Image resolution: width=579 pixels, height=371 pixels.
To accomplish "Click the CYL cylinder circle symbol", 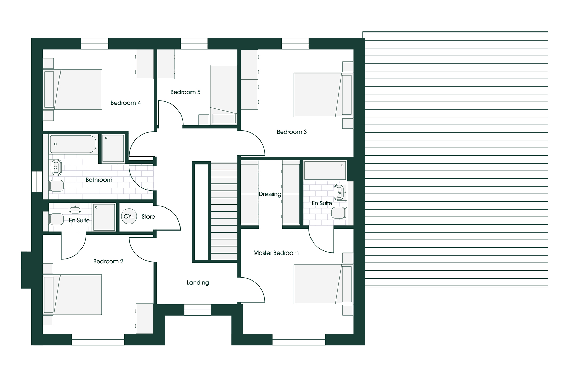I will tap(129, 216).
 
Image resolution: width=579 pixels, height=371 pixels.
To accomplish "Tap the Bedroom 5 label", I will tap(185, 92).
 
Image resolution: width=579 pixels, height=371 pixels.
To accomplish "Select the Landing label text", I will tap(198, 283).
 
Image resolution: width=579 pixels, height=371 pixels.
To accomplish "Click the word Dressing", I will tap(270, 194).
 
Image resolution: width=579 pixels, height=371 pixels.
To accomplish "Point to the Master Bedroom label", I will tap(276, 253).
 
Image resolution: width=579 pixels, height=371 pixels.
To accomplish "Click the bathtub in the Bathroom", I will tap(73, 144).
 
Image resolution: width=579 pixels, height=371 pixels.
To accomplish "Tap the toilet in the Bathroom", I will tap(56, 186).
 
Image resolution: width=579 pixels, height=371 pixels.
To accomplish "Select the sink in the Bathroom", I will tap(56, 167).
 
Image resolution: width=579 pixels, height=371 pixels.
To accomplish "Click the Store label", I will tap(148, 217).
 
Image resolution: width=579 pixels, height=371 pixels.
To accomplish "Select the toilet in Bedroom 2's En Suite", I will tap(56, 219).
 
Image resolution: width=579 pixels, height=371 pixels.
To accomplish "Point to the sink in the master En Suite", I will tap(339, 192).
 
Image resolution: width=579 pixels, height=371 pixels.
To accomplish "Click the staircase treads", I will tap(223, 211).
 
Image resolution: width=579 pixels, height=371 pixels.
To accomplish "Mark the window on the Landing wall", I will tap(198, 310).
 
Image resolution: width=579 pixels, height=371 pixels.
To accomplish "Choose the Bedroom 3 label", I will tap(292, 132).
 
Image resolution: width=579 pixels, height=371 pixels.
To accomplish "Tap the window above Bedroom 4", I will tap(95, 44).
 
